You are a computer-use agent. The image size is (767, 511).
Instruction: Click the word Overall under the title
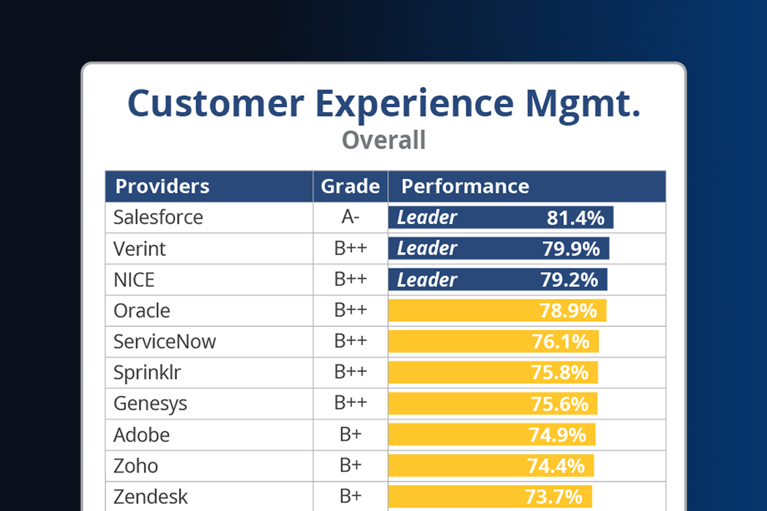[383, 140]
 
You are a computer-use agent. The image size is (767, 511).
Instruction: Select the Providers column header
[162, 186]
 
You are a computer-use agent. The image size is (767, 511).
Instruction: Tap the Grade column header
[350, 186]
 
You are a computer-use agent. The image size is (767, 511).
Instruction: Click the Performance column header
[465, 186]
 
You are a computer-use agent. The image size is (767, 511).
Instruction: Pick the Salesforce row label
[158, 217]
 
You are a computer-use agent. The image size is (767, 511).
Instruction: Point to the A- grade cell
[350, 217]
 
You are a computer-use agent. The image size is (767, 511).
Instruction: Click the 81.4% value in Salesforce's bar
[575, 217]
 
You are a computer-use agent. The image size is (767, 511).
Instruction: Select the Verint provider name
[139, 248]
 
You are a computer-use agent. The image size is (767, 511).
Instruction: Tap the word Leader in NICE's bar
[427, 279]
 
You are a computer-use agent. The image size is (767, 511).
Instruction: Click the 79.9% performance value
[571, 248]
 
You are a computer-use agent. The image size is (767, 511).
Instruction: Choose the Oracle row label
[142, 311]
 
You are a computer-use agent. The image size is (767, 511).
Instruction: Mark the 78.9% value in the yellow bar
[568, 311]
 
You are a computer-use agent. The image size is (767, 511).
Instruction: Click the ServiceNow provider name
[165, 342]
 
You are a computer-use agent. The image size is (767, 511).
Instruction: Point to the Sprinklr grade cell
[350, 372]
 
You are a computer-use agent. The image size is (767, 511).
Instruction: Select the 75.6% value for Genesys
[559, 404]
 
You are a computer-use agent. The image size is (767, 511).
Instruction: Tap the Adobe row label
[142, 435]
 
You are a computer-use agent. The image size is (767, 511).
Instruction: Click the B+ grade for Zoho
[350, 466]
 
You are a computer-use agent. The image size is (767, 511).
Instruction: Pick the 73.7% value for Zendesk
[554, 496]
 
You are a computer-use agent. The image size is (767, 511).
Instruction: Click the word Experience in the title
[409, 104]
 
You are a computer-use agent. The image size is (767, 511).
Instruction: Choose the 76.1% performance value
[561, 342]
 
